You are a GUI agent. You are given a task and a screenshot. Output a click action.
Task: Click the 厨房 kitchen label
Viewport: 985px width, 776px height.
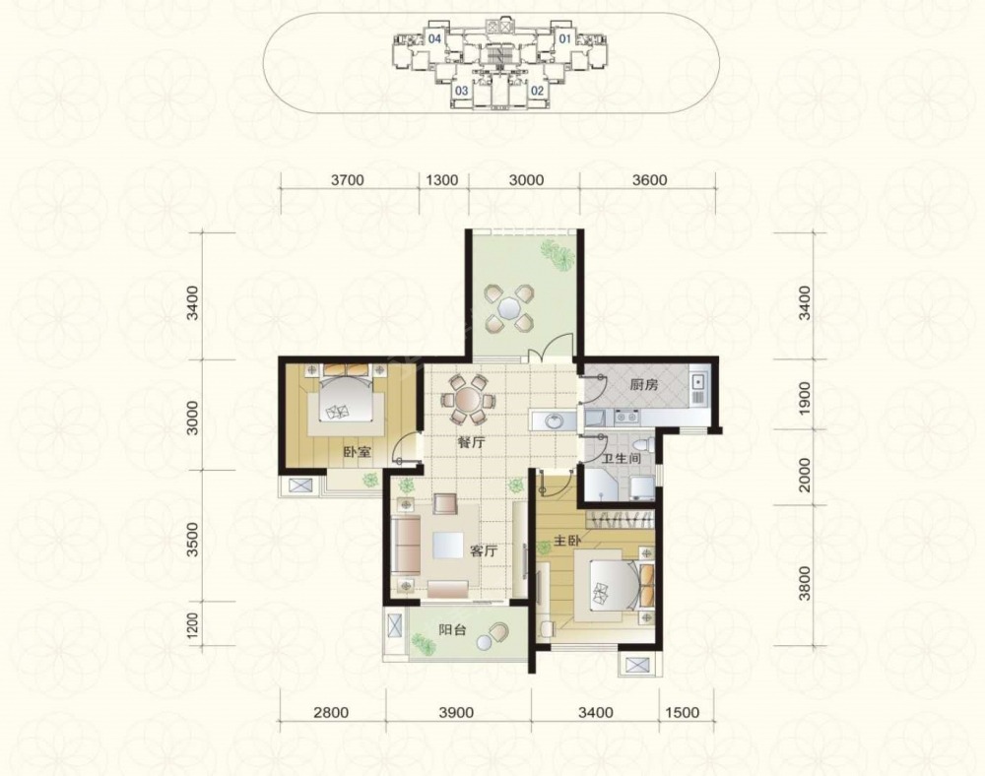[644, 385]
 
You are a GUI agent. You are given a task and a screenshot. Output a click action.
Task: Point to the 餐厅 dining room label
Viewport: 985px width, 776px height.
[471, 442]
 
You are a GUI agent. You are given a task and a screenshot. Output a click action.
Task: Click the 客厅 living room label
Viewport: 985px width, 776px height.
[484, 551]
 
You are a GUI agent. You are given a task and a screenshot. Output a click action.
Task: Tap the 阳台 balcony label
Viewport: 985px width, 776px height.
[452, 629]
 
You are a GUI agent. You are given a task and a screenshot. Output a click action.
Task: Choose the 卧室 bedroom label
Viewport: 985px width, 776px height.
[357, 451]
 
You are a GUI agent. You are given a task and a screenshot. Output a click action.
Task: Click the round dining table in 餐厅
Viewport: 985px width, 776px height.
[467, 399]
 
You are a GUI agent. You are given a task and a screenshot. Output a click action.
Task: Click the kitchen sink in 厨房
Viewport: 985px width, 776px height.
[696, 380]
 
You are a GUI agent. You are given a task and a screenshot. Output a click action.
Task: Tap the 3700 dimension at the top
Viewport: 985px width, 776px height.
[348, 180]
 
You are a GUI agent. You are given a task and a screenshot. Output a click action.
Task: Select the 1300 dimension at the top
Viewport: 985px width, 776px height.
[441, 180]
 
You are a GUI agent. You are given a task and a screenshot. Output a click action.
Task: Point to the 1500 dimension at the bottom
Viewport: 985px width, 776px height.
[682, 713]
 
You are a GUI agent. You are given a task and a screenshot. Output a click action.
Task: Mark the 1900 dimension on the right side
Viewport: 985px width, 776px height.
[805, 396]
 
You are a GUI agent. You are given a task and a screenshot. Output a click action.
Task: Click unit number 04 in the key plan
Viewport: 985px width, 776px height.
[434, 39]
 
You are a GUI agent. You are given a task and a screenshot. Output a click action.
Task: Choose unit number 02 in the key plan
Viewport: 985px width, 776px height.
[537, 91]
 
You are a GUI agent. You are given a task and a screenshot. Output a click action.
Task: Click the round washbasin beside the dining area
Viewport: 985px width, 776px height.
[554, 420]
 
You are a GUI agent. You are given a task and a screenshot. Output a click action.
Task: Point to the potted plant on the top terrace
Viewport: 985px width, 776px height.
[558, 255]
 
